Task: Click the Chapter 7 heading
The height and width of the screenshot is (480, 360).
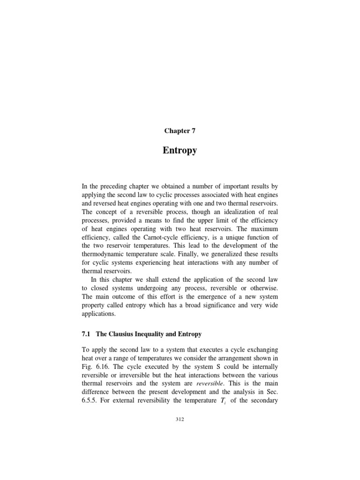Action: click(x=180, y=131)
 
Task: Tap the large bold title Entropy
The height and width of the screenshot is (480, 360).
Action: click(x=180, y=150)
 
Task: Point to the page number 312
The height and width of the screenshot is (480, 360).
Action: click(x=180, y=419)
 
